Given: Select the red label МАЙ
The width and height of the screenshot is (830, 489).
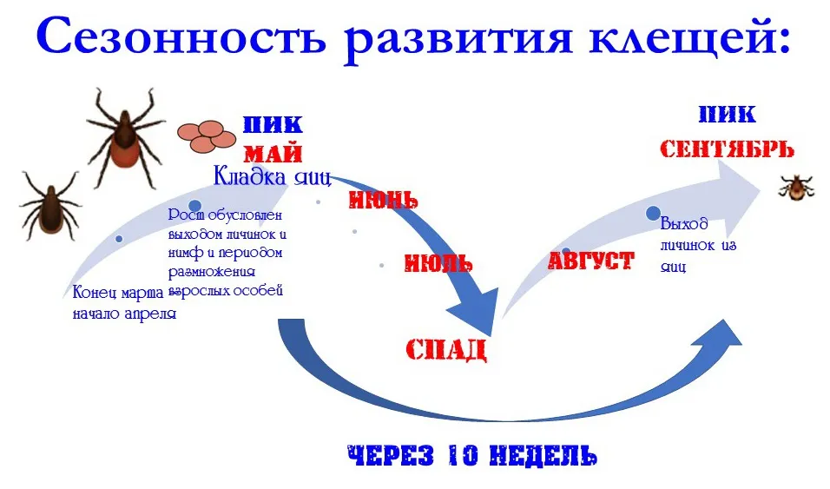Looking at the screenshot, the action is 273,154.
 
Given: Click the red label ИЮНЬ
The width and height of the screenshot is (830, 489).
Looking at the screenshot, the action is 383,200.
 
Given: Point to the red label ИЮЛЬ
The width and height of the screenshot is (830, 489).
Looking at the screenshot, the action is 438,263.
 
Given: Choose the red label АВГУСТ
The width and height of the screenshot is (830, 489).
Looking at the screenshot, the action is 590,261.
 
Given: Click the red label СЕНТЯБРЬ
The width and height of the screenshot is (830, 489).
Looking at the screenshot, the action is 727,149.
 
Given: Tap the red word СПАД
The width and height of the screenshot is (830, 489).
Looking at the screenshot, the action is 446,350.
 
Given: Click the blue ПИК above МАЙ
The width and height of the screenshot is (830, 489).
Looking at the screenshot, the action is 273,124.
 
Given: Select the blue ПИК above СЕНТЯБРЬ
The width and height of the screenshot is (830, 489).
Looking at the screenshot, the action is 728,115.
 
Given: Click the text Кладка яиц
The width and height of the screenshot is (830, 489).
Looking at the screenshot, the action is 272,176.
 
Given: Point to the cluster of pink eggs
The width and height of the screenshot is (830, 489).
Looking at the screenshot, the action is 207,136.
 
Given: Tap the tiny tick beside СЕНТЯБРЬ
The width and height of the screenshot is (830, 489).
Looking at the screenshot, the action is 795,188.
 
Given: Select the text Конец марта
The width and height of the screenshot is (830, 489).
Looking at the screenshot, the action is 118,293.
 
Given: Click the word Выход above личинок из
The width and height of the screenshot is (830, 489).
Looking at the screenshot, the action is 684,224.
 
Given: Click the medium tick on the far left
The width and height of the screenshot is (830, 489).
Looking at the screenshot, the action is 49,207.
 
